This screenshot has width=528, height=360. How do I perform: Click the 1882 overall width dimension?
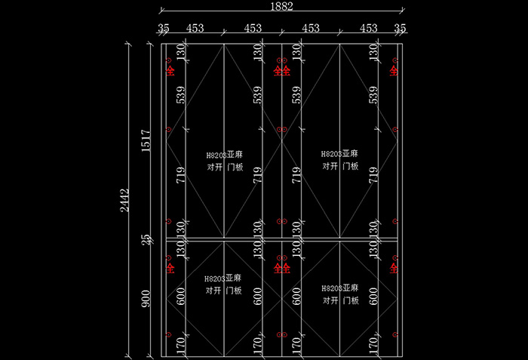pos(281,6)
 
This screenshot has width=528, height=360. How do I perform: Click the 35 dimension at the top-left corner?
pos(164,29)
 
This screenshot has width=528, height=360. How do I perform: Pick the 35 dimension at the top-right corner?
pos(400,29)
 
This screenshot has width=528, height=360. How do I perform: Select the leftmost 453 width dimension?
pos(195,29)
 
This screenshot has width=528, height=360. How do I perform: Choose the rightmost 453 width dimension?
pos(368,29)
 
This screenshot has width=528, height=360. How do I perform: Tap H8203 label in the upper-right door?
pos(331,153)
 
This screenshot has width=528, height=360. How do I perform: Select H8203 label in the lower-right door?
pos(331,288)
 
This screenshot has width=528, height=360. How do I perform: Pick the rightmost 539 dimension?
pos(373,95)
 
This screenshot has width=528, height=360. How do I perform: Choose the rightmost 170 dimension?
pos(373,346)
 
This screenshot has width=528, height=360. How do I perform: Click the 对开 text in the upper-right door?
pos(330,166)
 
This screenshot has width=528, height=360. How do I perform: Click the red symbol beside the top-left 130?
pos(170,71)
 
